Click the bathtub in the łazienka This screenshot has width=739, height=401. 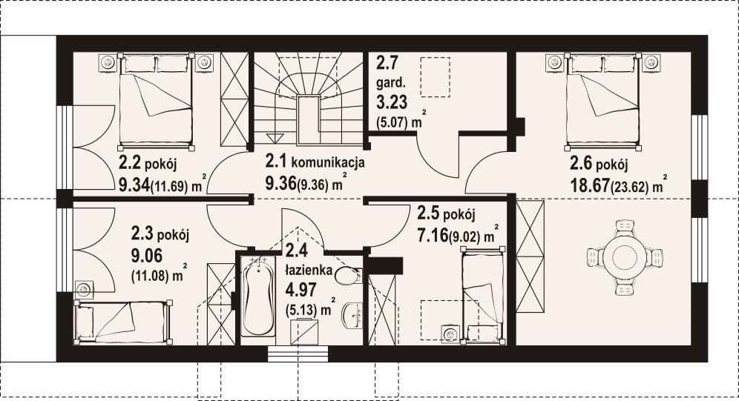(257, 296)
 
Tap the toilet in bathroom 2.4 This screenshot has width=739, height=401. (349, 275)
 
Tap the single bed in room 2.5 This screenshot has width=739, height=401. (484, 294)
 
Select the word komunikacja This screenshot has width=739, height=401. (328, 163)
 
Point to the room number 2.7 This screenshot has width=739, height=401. (387, 62)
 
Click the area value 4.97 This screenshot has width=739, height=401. (300, 290)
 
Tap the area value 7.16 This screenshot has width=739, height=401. (432, 235)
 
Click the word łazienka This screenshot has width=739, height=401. (309, 271)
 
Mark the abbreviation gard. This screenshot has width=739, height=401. (391, 83)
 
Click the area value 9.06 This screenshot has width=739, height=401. (147, 256)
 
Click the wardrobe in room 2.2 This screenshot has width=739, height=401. (234, 100)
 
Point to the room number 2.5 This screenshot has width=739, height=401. (429, 213)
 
